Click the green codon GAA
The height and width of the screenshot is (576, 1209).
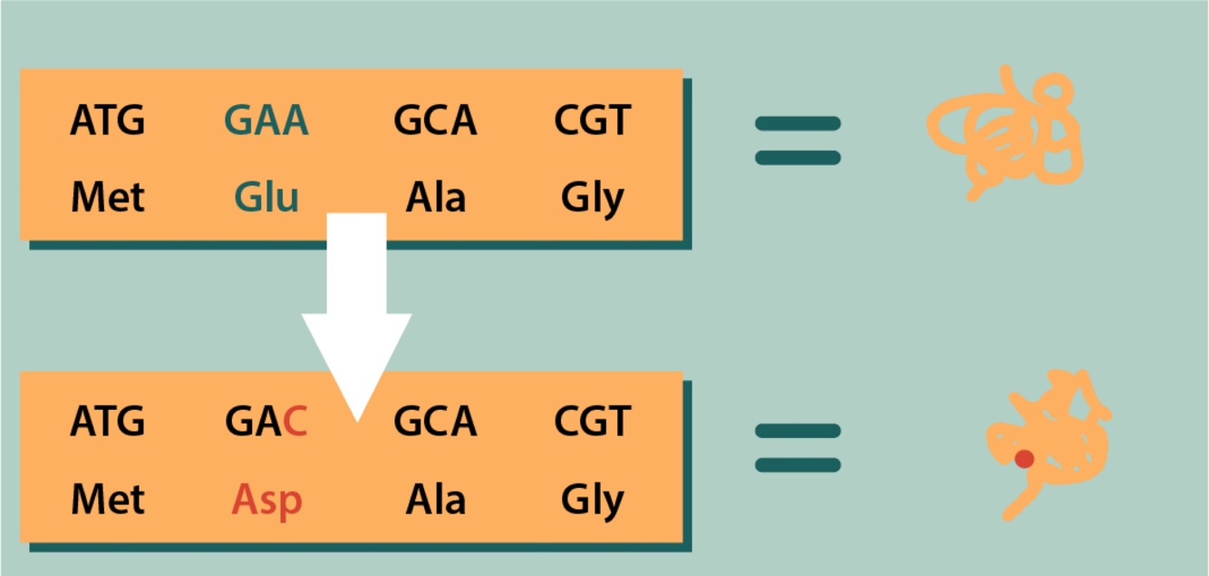coord(266,121)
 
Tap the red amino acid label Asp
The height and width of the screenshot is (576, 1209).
coord(266,500)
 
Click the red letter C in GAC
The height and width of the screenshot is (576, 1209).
coord(295,422)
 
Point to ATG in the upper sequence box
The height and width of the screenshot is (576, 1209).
coord(107,121)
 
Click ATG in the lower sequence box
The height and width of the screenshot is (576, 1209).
coord(107,422)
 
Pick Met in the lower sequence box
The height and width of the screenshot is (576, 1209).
coord(107,500)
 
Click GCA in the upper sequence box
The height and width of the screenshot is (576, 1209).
coord(435,121)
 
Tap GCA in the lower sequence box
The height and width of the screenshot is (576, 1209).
coord(435,422)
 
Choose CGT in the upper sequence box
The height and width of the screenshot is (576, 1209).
coord(593,121)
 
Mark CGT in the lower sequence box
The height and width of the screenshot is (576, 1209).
coord(593,422)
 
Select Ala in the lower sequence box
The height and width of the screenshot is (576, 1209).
coord(435,500)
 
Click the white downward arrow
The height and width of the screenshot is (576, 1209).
coord(357,308)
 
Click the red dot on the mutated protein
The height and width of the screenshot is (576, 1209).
coord(1024,459)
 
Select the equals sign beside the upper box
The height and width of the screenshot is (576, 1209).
coord(798,141)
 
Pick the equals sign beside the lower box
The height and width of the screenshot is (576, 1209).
coord(798,448)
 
